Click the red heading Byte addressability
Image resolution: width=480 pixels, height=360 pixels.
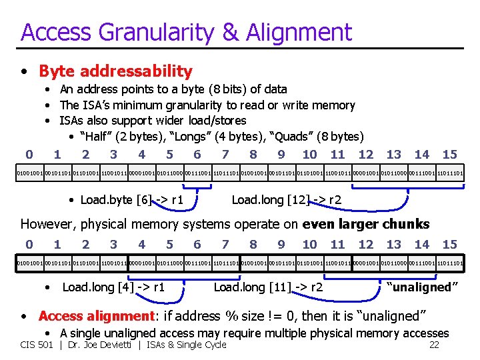(x=115, y=71)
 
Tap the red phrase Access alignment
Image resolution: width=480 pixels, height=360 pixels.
(x=96, y=315)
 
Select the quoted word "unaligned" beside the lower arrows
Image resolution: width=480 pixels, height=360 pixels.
(x=423, y=287)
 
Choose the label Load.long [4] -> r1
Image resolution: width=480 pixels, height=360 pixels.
(x=113, y=287)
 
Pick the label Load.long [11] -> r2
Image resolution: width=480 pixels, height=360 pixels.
(x=268, y=287)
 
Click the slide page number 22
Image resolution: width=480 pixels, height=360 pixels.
(x=433, y=345)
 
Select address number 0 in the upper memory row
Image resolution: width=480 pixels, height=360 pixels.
(x=29, y=155)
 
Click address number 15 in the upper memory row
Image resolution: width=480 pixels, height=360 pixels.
(x=449, y=155)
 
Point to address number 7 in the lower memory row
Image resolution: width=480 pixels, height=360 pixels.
(x=225, y=245)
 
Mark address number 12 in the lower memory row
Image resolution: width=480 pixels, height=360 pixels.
(x=365, y=245)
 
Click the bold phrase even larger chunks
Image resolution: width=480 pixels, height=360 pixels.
(x=365, y=225)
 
